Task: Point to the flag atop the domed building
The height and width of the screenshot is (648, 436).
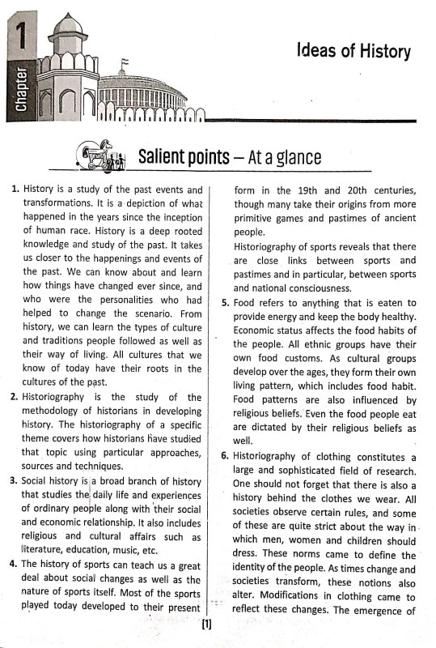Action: click(125, 62)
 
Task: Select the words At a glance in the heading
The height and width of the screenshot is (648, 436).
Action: click(281, 156)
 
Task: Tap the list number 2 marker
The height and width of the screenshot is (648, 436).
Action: click(14, 397)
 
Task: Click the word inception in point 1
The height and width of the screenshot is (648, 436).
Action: click(175, 217)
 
